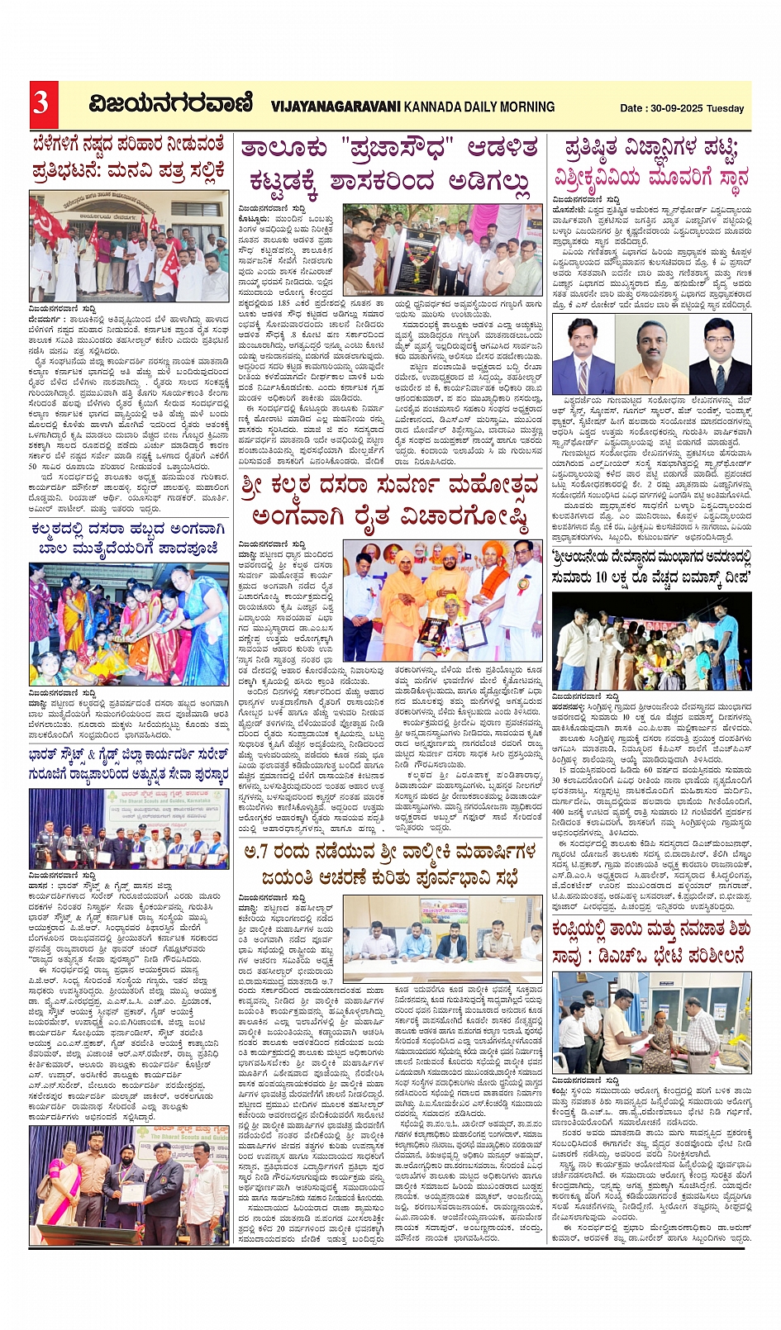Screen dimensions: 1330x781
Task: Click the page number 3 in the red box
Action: click(x=40, y=104)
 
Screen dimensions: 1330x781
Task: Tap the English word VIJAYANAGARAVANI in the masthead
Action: click(x=336, y=107)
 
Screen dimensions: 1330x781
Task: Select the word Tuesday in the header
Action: click(x=725, y=108)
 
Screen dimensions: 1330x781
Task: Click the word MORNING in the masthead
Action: click(x=523, y=107)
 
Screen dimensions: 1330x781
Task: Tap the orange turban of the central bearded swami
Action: click(x=448, y=549)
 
